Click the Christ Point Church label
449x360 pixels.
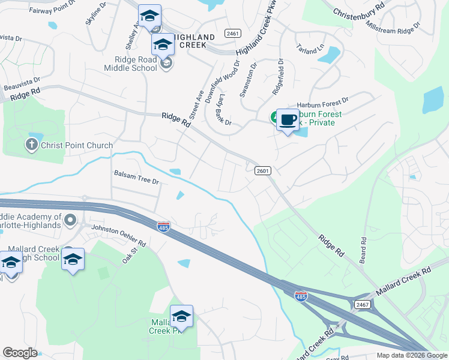tap(76, 145)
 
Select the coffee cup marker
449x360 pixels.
tap(288, 120)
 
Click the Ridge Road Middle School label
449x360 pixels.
tap(136, 64)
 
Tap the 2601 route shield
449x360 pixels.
tap(262, 170)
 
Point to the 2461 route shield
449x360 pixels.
tap(234, 34)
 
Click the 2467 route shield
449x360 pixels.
tap(362, 305)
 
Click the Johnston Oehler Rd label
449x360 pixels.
tap(118, 236)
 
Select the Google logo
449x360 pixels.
tap(20, 353)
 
